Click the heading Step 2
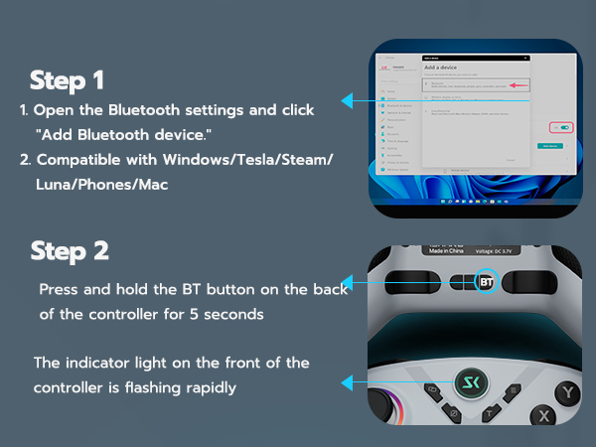click(x=70, y=250)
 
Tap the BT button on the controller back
click(x=486, y=281)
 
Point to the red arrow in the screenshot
click(x=517, y=86)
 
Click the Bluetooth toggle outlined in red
click(x=563, y=127)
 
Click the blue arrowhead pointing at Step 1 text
click(x=348, y=100)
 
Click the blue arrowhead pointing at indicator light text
click(x=348, y=382)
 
